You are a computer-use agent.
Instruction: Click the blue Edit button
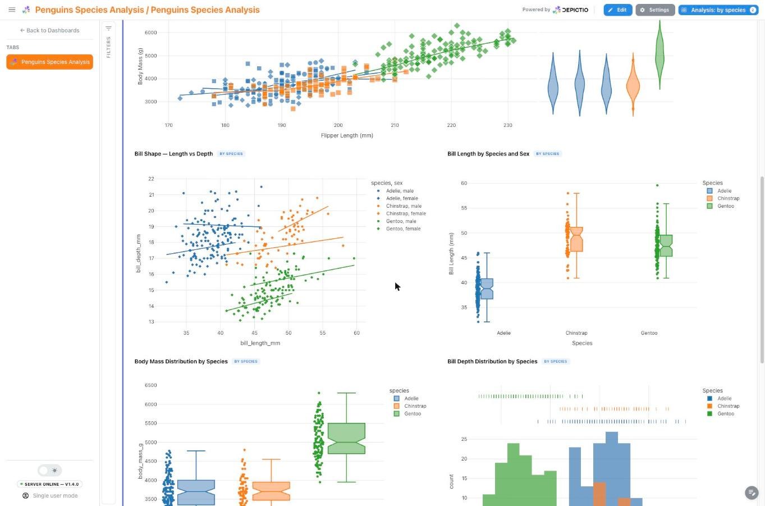pyautogui.click(x=617, y=10)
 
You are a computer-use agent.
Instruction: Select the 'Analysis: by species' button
pyautogui.click(x=718, y=10)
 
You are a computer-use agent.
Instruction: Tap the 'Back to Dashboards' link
pyautogui.click(x=49, y=30)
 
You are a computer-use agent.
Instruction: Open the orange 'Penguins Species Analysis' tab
pyautogui.click(x=49, y=62)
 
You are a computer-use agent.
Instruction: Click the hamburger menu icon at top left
pyautogui.click(x=12, y=10)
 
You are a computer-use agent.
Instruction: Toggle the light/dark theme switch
pyautogui.click(x=49, y=471)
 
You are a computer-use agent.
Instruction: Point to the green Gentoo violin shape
pyautogui.click(x=660, y=54)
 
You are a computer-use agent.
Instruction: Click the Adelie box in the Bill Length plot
pyautogui.click(x=487, y=289)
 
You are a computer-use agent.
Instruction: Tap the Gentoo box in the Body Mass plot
pyautogui.click(x=346, y=439)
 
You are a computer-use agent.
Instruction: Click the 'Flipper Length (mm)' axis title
pyautogui.click(x=347, y=136)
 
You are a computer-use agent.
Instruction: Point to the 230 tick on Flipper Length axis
pyautogui.click(x=507, y=125)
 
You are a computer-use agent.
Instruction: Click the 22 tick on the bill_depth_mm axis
pyautogui.click(x=151, y=179)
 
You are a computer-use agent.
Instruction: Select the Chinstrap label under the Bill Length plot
pyautogui.click(x=576, y=333)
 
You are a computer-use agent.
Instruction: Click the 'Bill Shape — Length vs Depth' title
pyautogui.click(x=173, y=154)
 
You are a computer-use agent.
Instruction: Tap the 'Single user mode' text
pyautogui.click(x=55, y=496)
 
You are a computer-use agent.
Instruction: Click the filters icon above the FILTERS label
pyautogui.click(x=108, y=28)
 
